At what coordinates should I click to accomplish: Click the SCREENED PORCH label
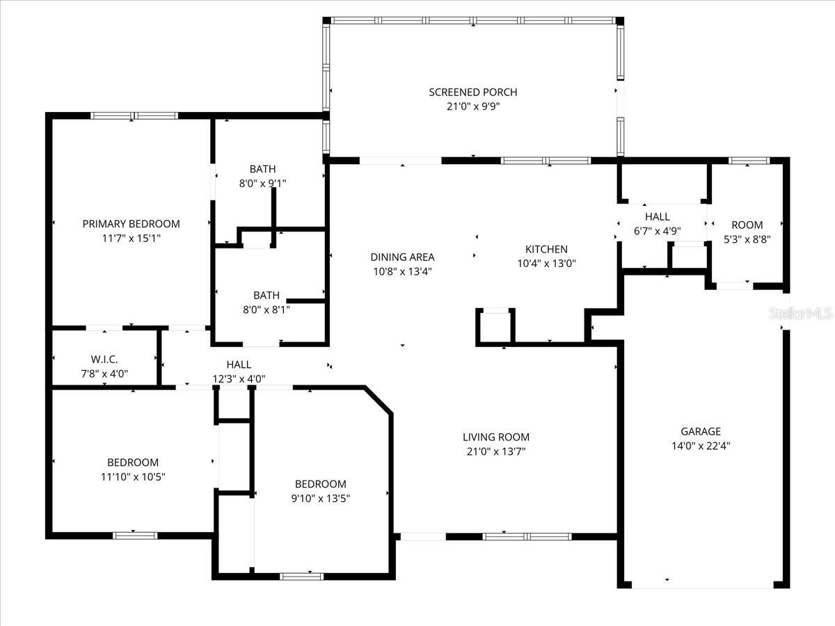[472, 92]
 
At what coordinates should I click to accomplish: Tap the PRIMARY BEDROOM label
[131, 223]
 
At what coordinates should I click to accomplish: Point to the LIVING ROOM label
[495, 437]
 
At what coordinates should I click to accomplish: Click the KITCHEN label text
[546, 249]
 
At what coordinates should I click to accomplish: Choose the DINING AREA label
[402, 257]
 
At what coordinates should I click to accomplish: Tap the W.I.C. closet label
[104, 359]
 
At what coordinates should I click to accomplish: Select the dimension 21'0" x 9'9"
[472, 106]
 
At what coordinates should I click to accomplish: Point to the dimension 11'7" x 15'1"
[131, 238]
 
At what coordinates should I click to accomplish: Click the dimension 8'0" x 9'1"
[262, 183]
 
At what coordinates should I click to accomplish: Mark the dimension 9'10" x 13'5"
[320, 498]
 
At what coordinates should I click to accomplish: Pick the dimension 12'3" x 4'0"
[239, 379]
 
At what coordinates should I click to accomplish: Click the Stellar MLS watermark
[800, 314]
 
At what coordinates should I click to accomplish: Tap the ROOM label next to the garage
[747, 225]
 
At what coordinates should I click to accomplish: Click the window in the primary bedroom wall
[134, 115]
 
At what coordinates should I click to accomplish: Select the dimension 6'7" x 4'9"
[657, 232]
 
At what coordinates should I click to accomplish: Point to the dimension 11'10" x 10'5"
[133, 476]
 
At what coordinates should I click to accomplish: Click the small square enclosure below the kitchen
[495, 326]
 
